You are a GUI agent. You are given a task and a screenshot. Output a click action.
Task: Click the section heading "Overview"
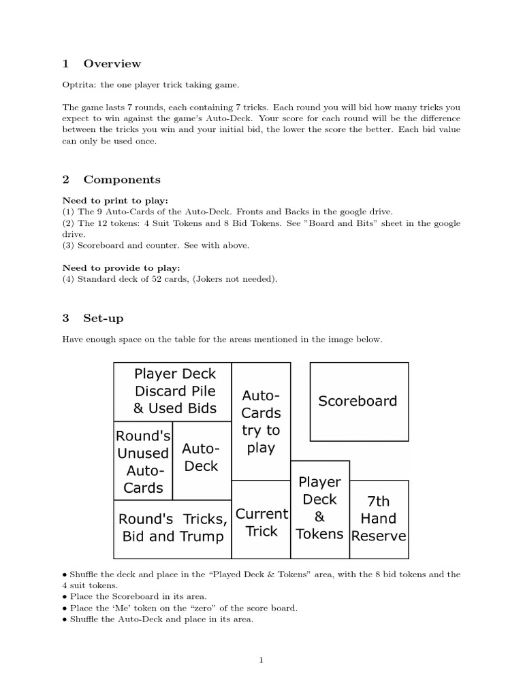112,64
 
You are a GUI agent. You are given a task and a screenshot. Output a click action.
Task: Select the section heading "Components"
122,180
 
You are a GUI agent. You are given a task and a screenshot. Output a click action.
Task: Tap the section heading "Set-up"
104,319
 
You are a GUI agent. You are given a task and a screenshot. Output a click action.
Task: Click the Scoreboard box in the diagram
359,402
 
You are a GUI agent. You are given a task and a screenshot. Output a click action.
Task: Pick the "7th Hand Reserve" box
379,519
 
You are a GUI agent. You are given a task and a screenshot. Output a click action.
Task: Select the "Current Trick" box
261,521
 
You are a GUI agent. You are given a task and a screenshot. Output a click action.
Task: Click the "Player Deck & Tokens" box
320,508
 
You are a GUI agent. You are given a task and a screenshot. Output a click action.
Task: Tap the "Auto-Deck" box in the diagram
202,457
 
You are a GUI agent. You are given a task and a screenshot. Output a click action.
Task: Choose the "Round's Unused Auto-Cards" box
143,461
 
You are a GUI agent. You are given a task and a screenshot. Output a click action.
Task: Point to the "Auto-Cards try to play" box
261,421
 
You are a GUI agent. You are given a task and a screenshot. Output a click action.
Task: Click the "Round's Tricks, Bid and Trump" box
173,528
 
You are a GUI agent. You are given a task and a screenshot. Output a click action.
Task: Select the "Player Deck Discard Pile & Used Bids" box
174,391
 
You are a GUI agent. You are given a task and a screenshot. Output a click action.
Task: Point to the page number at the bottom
261,660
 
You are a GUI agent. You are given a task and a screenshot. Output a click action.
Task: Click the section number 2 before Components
66,180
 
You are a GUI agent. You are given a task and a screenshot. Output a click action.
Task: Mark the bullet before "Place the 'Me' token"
65,609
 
